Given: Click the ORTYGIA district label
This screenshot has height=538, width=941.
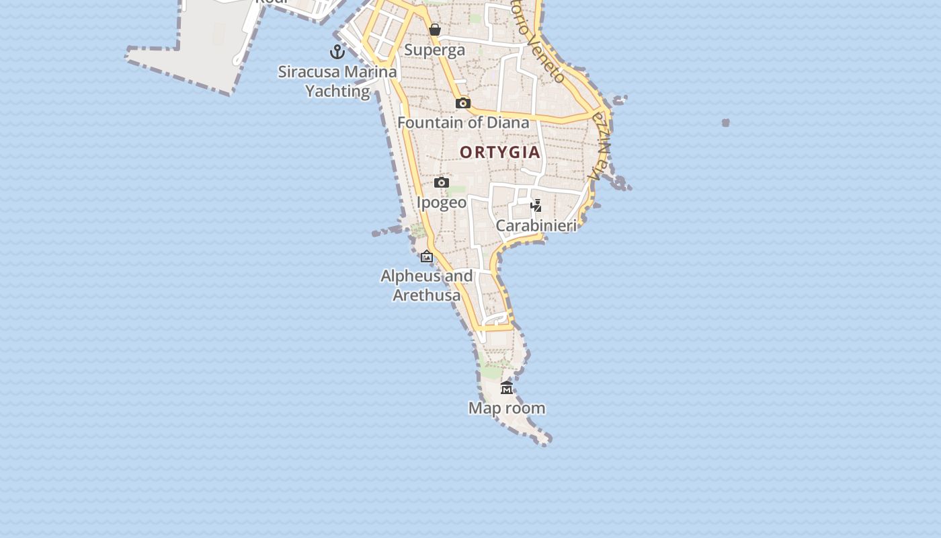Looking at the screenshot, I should pyautogui.click(x=500, y=152).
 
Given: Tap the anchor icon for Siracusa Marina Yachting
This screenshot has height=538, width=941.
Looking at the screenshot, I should pyautogui.click(x=337, y=51).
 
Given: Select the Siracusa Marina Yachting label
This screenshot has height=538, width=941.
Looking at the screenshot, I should pyautogui.click(x=337, y=81).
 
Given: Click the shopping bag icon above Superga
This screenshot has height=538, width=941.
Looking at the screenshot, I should pyautogui.click(x=435, y=30).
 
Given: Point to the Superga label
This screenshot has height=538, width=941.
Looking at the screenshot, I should pyautogui.click(x=434, y=50).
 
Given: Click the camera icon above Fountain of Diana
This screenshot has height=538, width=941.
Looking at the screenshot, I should pyautogui.click(x=462, y=103).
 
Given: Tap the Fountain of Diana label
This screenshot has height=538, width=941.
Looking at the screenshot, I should pyautogui.click(x=463, y=122).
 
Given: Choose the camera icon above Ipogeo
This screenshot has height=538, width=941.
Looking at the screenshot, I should pyautogui.click(x=442, y=182).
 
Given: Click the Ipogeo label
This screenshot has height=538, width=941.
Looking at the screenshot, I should pyautogui.click(x=442, y=202).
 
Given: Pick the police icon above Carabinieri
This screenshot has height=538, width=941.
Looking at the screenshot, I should pyautogui.click(x=536, y=205).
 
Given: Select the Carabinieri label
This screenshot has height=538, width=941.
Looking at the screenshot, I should pyautogui.click(x=536, y=225).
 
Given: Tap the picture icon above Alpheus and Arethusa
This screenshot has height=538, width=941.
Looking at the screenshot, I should pyautogui.click(x=427, y=256).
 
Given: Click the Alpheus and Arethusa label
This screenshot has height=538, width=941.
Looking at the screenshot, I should pyautogui.click(x=427, y=285).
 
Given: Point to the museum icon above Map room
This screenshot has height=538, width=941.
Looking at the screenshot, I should pyautogui.click(x=507, y=387).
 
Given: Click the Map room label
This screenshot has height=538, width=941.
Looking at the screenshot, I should pyautogui.click(x=507, y=408).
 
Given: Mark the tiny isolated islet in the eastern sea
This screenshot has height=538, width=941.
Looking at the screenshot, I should pyautogui.click(x=726, y=122).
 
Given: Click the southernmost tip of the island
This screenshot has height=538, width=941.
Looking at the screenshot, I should pyautogui.click(x=544, y=440).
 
